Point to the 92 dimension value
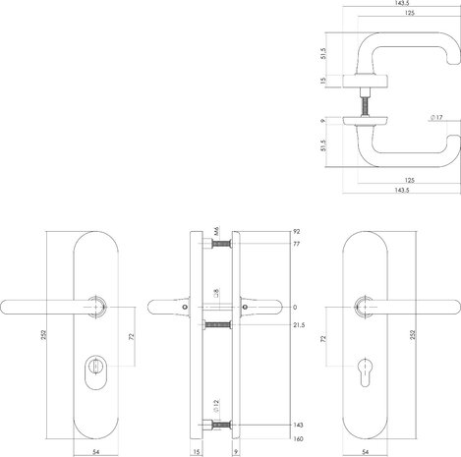298,233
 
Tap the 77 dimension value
298,246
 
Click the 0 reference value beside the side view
295,305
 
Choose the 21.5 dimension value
300,323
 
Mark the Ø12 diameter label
214,406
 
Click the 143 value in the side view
299,425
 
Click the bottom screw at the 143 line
221,425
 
